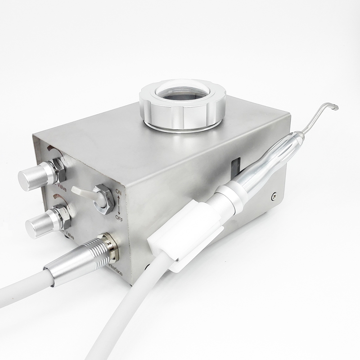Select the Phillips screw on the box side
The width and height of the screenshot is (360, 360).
[273, 196]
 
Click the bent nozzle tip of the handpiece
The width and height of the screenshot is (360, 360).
[333, 106]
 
